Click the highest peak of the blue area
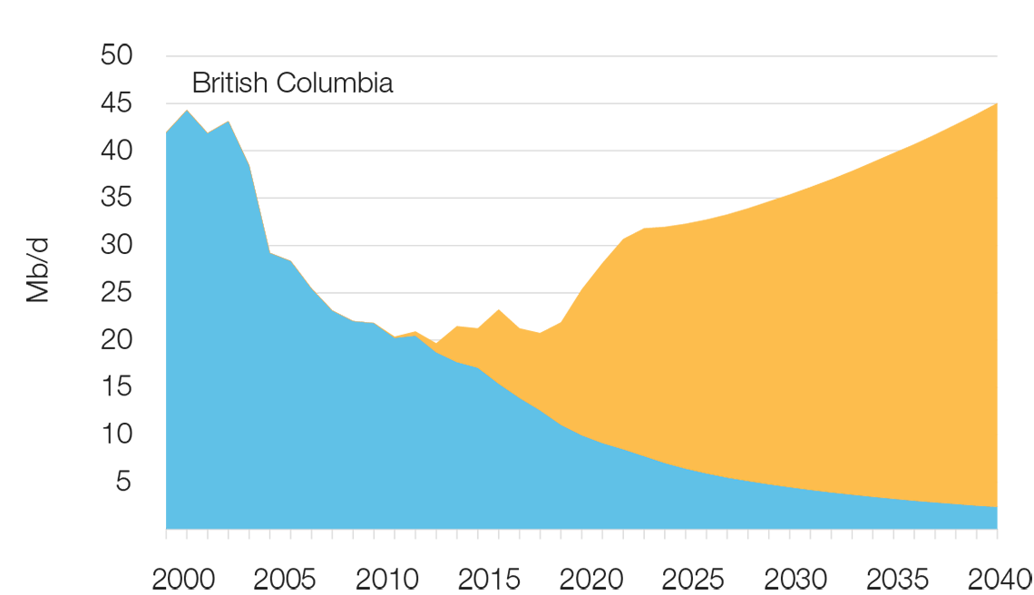tap(188, 112)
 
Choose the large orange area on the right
tap(771, 345)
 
